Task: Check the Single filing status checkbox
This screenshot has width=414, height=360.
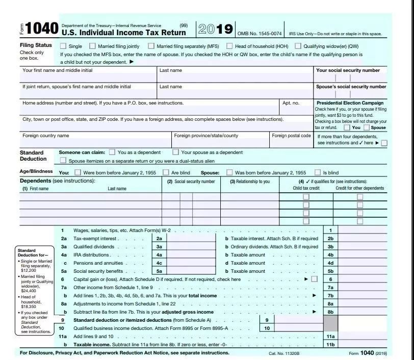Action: (64, 46)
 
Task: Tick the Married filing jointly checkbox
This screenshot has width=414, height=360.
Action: (92, 46)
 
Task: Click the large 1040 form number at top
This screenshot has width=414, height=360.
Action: (41, 29)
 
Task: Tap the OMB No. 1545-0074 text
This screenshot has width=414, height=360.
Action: (260, 34)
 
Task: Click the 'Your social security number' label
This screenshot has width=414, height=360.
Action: (348, 70)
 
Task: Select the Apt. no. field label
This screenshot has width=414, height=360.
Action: (291, 103)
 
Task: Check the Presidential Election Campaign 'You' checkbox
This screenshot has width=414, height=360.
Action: (347, 127)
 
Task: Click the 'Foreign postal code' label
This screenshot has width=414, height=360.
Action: (291, 136)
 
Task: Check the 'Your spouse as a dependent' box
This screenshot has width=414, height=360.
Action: (176, 152)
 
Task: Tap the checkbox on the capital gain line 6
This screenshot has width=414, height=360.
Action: (314, 279)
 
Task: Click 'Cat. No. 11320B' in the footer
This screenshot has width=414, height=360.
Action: (284, 353)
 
